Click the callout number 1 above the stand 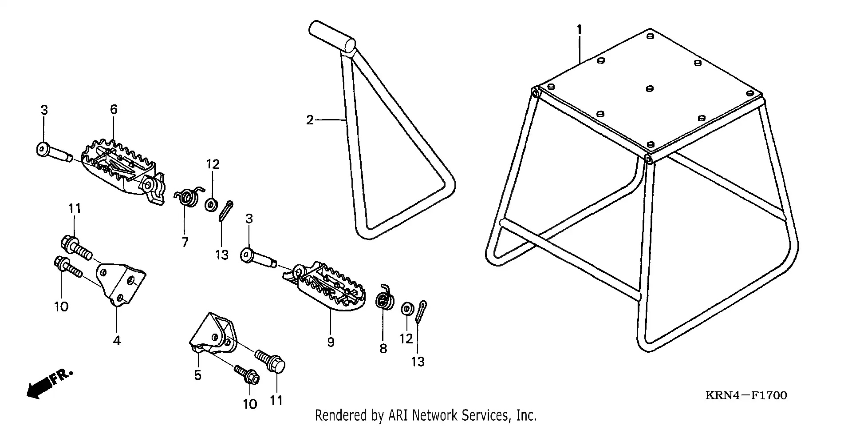pos(579,30)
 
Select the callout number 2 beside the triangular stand pos(310,120)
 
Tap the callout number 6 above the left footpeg pos(114,109)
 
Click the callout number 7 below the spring pos(185,242)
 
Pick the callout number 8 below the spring pos(383,348)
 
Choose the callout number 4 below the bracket pos(117,341)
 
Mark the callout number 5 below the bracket pos(197,375)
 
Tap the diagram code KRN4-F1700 pos(746,395)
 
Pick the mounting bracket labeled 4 pos(121,283)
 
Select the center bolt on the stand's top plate pos(649,88)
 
